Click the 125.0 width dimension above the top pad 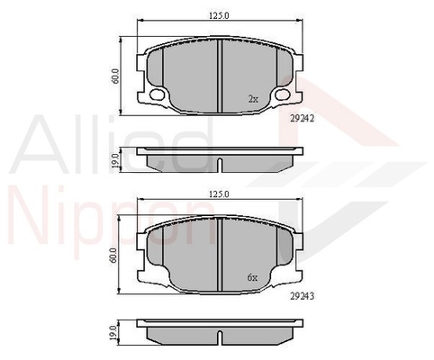219,15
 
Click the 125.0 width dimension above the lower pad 219,194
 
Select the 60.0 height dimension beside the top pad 116,76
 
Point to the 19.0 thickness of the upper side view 115,160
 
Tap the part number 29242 302,119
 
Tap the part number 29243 302,297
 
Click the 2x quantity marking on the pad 253,99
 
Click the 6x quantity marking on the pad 252,278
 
